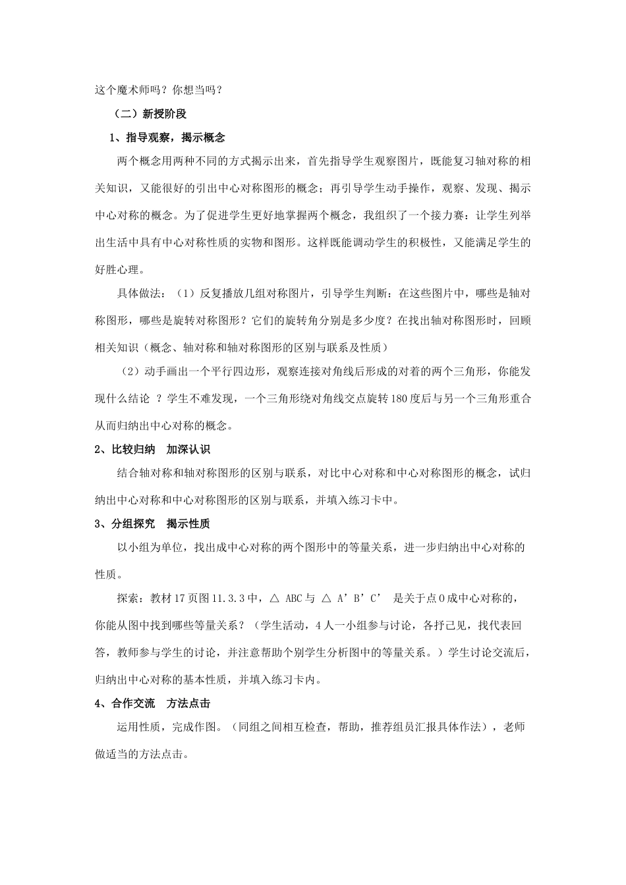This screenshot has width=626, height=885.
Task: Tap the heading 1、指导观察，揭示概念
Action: click(167, 138)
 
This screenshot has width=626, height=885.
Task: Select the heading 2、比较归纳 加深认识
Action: click(152, 450)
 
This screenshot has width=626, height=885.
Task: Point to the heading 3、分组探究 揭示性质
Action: click(152, 524)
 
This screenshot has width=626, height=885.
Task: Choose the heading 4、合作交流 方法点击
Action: click(152, 704)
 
